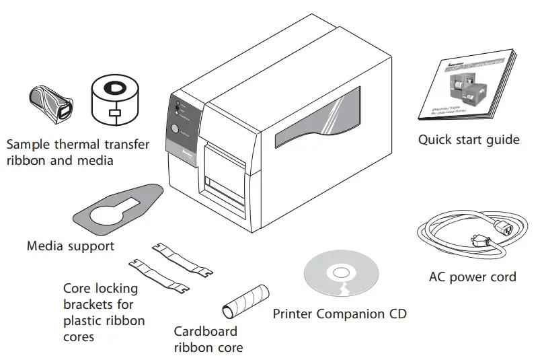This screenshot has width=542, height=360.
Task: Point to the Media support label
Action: click(x=70, y=246)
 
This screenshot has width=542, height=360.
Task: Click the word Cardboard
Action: click(x=205, y=331)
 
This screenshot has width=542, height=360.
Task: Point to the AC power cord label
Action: click(x=472, y=277)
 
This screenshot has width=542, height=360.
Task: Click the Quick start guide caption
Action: click(x=468, y=140)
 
